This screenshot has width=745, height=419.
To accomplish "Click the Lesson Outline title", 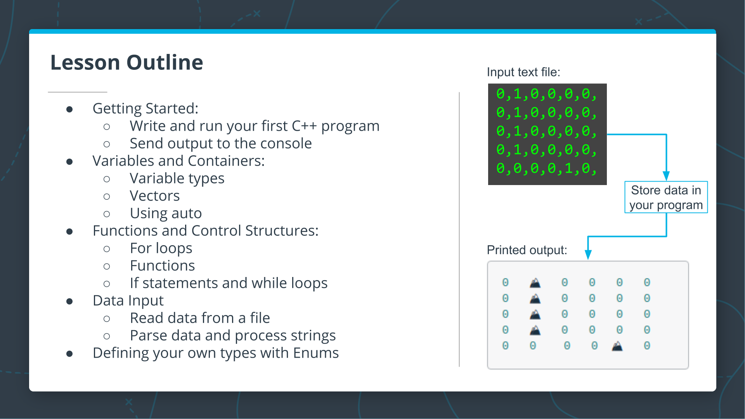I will [x=126, y=62].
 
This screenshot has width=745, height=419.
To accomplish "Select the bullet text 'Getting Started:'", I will [x=145, y=108].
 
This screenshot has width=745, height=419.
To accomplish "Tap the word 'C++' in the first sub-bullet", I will [x=304, y=126].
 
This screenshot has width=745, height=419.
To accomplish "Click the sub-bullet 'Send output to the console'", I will [x=220, y=144].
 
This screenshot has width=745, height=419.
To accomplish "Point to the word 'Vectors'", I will [x=154, y=196].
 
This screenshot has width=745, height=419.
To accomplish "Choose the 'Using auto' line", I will [x=166, y=213].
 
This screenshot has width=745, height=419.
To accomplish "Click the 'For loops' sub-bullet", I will [x=161, y=248].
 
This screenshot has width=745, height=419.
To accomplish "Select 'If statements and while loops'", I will [x=229, y=283].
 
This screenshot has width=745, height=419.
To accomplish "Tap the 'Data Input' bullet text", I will [x=128, y=301].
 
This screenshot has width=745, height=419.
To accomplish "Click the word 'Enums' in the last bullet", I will [x=316, y=353].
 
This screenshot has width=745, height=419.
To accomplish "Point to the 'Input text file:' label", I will [x=523, y=72].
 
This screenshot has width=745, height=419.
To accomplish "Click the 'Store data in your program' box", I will [x=666, y=197].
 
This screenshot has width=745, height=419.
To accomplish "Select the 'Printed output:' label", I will [x=527, y=250].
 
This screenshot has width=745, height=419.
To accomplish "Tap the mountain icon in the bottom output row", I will [x=617, y=346].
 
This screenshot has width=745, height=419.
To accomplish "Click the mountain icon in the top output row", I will [x=535, y=282].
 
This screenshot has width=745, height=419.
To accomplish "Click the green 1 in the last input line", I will [x=568, y=168].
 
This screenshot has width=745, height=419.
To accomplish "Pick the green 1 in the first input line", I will [x=517, y=94].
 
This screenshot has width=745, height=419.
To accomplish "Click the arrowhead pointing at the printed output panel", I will [x=588, y=255].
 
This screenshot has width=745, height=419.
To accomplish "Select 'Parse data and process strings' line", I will [x=232, y=336].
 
